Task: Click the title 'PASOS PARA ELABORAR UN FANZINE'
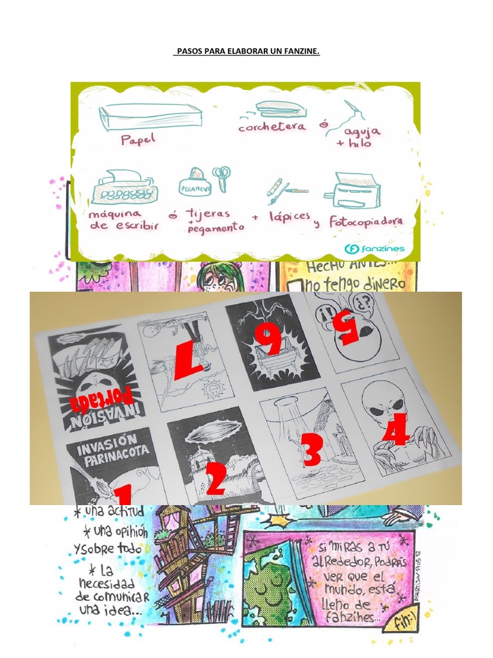[x=246, y=51]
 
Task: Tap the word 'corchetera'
[x=272, y=127]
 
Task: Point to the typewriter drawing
[x=122, y=187]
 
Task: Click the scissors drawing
[x=222, y=178]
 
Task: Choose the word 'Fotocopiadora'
[x=367, y=222]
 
